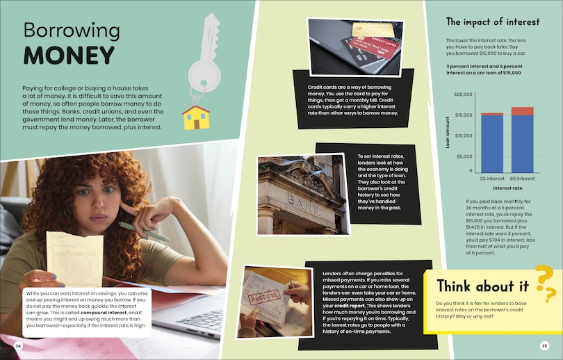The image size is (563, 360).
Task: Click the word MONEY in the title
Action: (69, 56)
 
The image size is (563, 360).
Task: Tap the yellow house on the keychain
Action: (196, 117)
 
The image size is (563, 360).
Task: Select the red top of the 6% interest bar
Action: (523, 111)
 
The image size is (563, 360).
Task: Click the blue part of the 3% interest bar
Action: (492, 144)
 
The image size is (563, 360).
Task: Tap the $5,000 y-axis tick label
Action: (464, 156)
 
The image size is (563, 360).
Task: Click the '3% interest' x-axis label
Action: (492, 179)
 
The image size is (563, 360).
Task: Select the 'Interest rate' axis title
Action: (507, 188)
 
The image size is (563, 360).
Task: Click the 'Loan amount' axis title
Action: (448, 133)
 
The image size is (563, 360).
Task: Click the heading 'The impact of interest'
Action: (493, 22)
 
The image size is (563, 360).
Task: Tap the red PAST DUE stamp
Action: (265, 297)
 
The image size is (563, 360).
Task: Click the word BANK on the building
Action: (304, 204)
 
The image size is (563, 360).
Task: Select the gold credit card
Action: (373, 30)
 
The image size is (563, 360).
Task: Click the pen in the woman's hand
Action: (144, 231)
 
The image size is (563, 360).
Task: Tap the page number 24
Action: (18, 346)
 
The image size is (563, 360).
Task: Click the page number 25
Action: (544, 346)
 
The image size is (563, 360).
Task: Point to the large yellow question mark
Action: (544, 277)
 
